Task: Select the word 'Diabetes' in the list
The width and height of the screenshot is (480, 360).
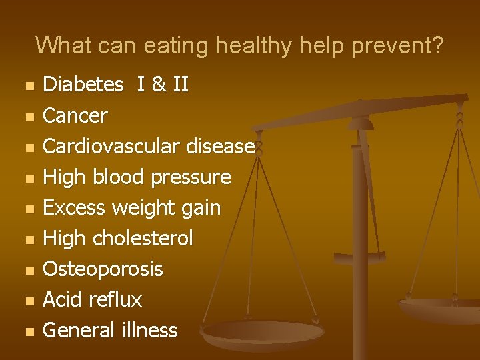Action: coord(83,85)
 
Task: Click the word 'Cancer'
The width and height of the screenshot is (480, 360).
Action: coord(75,115)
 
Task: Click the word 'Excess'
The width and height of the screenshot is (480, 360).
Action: coord(75,207)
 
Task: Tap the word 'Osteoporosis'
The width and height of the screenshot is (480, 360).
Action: coord(102,269)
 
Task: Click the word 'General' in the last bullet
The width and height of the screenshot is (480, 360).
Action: coord(79,330)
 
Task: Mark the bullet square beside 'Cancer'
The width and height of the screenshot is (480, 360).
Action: coord(27,117)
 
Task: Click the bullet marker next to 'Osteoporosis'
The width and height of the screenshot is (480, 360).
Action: coord(27,270)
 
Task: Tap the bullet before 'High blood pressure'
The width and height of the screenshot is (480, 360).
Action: coord(27,178)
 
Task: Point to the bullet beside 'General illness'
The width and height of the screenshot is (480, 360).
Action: coord(27,331)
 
